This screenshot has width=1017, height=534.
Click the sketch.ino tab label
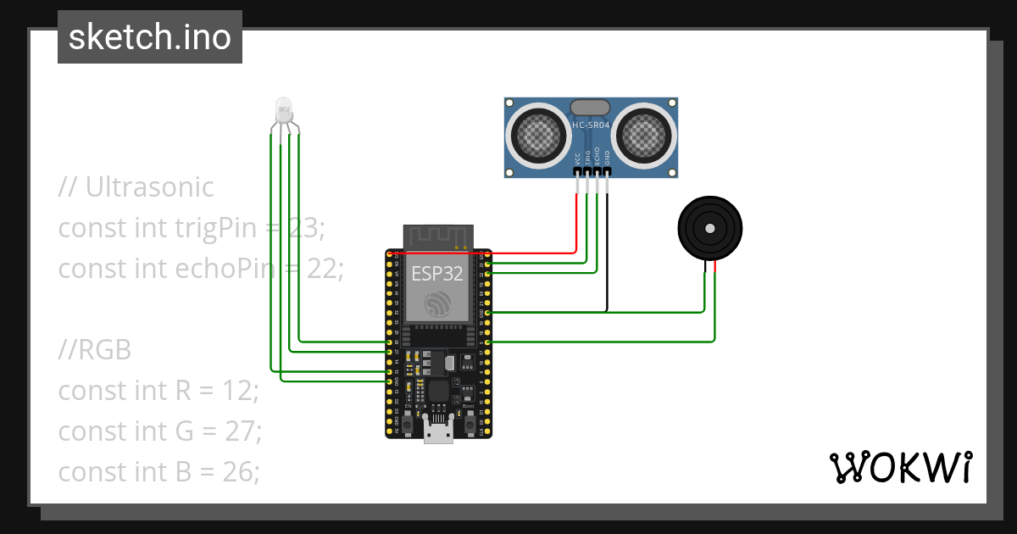[x=150, y=37]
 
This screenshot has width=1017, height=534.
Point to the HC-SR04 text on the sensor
[x=592, y=125]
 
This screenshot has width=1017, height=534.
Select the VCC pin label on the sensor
[x=578, y=158]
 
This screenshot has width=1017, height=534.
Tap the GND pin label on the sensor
[x=607, y=158]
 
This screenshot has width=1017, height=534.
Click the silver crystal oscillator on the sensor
[x=591, y=107]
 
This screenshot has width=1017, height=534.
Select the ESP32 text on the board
[x=438, y=274]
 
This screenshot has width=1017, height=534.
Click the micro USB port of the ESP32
[x=438, y=434]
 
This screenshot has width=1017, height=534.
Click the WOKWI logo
[x=899, y=468]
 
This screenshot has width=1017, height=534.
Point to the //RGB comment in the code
[x=95, y=350]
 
